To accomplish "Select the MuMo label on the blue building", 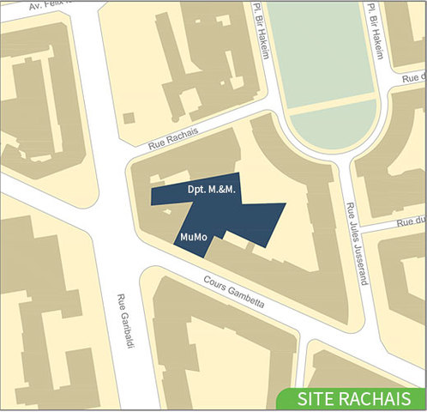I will click(194, 235).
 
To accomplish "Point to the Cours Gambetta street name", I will click(234, 292).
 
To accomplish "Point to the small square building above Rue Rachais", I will click(129, 118).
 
